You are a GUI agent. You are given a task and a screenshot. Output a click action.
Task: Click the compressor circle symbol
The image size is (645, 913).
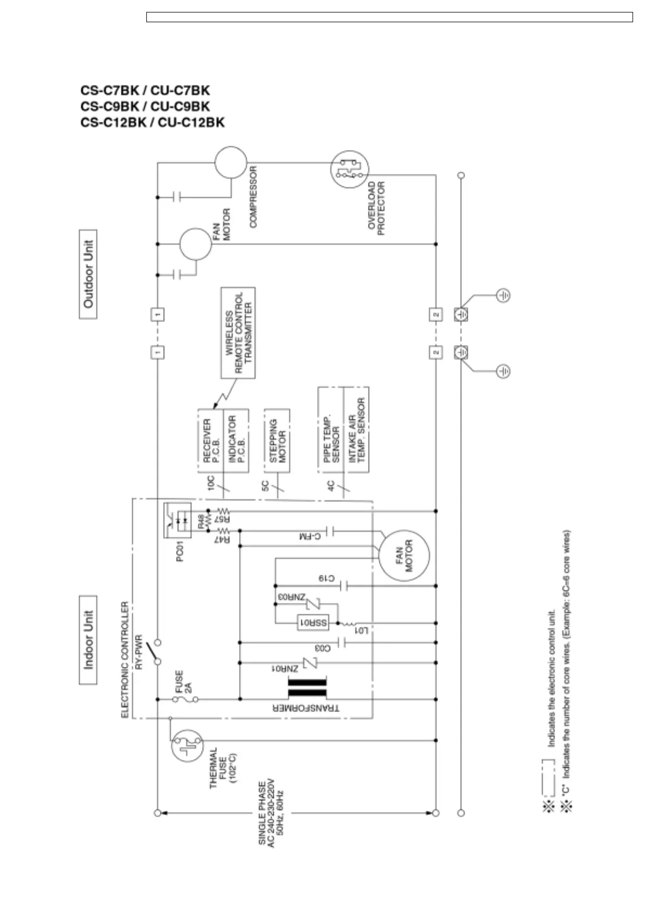(230, 162)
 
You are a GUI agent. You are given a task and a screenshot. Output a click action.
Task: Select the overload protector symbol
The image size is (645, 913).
(350, 169)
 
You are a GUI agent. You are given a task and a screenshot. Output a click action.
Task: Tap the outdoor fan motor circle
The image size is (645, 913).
(195, 244)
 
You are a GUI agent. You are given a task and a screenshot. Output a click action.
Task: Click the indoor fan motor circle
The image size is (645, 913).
(404, 555)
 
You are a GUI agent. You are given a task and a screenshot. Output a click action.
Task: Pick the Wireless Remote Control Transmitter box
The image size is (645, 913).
(238, 333)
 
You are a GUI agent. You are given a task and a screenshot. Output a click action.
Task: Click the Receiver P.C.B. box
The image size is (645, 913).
(210, 440)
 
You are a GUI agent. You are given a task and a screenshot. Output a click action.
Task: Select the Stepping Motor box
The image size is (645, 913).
(277, 440)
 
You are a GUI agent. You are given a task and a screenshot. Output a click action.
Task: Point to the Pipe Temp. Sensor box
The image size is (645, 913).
(331, 429)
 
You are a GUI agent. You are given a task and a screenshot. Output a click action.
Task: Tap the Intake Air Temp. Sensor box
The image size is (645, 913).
(357, 429)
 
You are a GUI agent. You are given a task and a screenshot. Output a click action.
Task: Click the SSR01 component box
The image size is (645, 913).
(313, 623)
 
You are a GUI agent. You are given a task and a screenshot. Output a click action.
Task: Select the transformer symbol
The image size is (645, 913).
(307, 689)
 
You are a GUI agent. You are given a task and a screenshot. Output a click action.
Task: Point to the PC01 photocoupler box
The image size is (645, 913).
(177, 520)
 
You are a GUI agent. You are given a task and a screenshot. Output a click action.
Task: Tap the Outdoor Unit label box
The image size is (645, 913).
(88, 274)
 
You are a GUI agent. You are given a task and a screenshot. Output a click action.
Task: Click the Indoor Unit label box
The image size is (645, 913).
(88, 640)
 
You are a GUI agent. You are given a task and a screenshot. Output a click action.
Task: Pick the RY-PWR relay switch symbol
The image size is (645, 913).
(156, 652)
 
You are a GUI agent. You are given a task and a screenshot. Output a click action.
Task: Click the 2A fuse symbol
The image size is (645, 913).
(185, 699)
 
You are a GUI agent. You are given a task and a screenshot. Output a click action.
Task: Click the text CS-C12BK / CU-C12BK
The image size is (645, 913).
(152, 123)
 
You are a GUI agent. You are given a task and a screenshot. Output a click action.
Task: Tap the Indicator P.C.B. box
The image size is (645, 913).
(236, 440)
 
